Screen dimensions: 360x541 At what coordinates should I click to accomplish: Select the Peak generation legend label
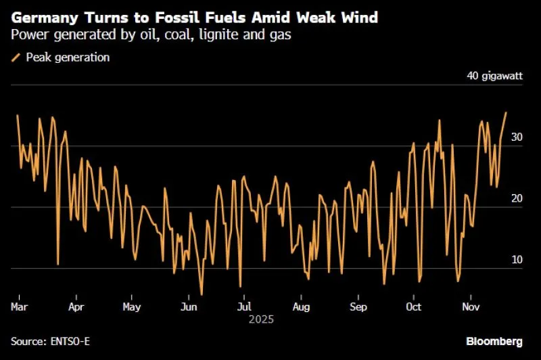click(68, 58)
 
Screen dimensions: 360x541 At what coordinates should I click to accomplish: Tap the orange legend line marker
click(16, 58)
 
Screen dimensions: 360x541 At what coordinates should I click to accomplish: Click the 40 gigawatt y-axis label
click(495, 76)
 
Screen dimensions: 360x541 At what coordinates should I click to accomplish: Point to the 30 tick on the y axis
click(517, 137)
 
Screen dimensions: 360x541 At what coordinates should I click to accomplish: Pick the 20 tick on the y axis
click(517, 198)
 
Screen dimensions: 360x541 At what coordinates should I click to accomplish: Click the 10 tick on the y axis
click(517, 259)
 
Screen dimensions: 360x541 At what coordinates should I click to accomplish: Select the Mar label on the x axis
click(19, 307)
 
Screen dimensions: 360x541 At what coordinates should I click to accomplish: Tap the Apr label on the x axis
click(76, 307)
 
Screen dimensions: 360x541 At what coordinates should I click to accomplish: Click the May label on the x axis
click(132, 307)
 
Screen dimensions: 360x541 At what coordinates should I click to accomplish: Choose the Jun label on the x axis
click(189, 307)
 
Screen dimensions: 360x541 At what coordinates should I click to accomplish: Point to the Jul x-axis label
click(245, 307)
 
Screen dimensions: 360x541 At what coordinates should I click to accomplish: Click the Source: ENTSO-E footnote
click(50, 341)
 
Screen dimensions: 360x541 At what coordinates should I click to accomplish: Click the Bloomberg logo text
click(494, 341)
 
